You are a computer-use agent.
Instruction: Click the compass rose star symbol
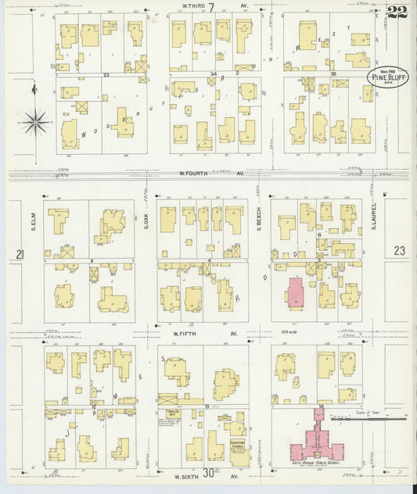tap(34, 122)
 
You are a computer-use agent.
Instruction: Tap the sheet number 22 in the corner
tap(397, 12)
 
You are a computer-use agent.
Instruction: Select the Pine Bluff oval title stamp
tap(386, 78)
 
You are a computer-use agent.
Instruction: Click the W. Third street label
tap(186, 5)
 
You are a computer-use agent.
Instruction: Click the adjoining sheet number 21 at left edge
tap(20, 254)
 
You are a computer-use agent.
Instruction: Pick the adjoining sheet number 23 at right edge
tap(401, 251)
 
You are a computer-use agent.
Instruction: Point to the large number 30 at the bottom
tap(209, 472)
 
